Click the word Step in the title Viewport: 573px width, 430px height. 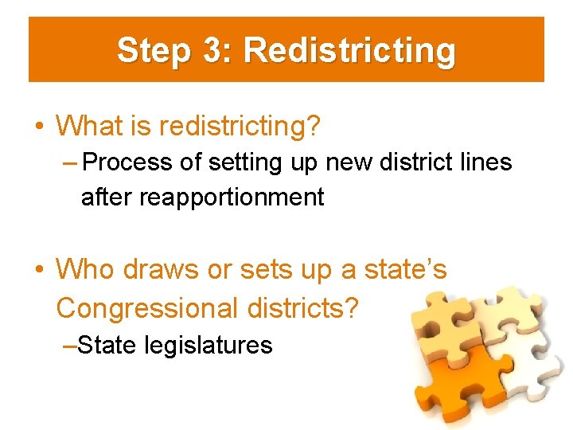pyautogui.click(x=153, y=50)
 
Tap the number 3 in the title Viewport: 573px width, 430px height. pyautogui.click(x=214, y=50)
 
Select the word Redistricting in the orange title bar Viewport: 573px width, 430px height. pyautogui.click(x=349, y=50)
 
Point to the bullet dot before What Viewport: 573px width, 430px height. pyautogui.click(x=38, y=126)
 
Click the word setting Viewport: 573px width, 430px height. pyautogui.click(x=236, y=162)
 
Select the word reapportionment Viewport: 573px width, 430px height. pyautogui.click(x=232, y=197)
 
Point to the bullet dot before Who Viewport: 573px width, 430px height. pyautogui.click(x=38, y=270)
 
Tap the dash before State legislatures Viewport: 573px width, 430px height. pyautogui.click(x=69, y=345)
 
